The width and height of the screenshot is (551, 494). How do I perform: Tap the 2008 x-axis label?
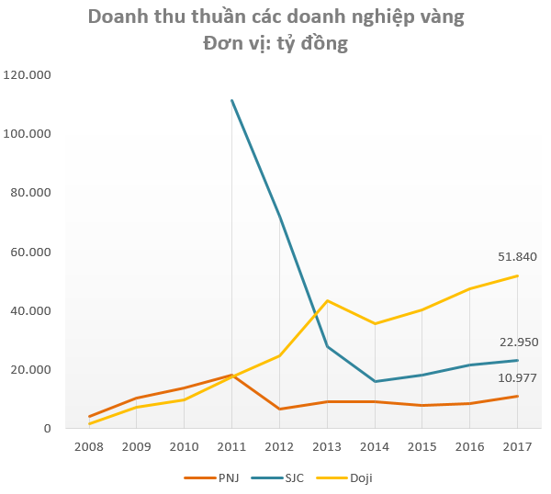pyautogui.click(x=89, y=447)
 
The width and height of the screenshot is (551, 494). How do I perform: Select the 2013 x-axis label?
pyautogui.click(x=327, y=447)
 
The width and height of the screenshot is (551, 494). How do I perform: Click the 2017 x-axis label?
pyautogui.click(x=517, y=447)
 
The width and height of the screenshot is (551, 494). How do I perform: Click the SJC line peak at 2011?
pyautogui.click(x=231, y=100)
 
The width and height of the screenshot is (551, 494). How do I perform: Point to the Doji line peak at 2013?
pyautogui.click(x=327, y=300)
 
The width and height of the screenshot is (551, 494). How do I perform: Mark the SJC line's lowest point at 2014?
pyautogui.click(x=375, y=381)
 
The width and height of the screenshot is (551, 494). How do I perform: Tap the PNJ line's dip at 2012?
pyautogui.click(x=279, y=409)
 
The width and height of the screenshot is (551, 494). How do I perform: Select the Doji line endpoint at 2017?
pyautogui.click(x=517, y=276)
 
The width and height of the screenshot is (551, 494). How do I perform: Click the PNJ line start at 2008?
pyautogui.click(x=89, y=417)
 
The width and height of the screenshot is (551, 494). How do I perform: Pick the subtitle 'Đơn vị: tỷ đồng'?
pyautogui.click(x=275, y=42)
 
